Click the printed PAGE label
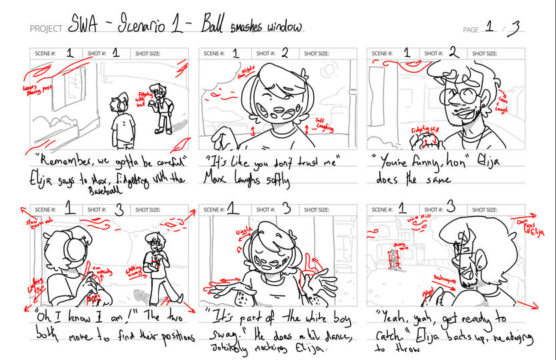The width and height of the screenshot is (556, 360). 471,29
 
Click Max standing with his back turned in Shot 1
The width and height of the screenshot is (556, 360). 122,121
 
